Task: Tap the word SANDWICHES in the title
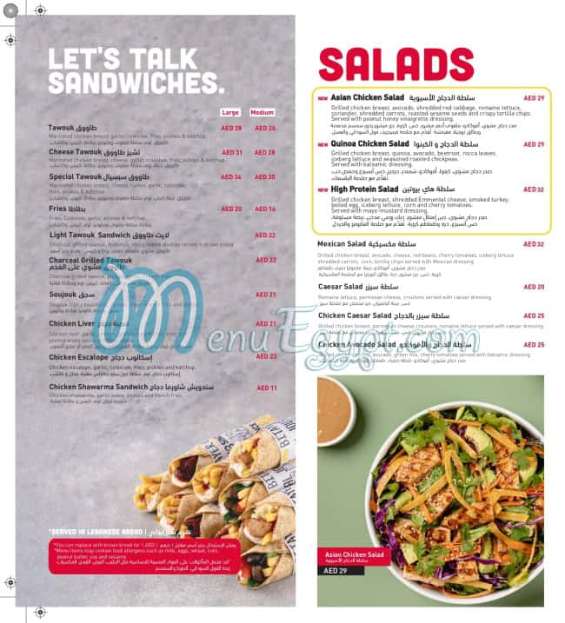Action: [135, 83]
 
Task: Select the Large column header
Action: [230, 112]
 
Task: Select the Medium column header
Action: [262, 112]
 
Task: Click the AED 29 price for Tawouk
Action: [231, 128]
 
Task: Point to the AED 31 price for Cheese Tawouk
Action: [231, 152]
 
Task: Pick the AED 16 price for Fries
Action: [265, 209]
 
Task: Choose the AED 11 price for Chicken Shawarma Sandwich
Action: [266, 388]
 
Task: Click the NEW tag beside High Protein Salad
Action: [322, 189]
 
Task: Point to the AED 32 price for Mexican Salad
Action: [533, 244]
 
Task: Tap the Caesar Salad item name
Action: [340, 286]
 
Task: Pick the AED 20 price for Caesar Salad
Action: [533, 286]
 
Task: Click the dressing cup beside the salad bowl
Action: [335, 410]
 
